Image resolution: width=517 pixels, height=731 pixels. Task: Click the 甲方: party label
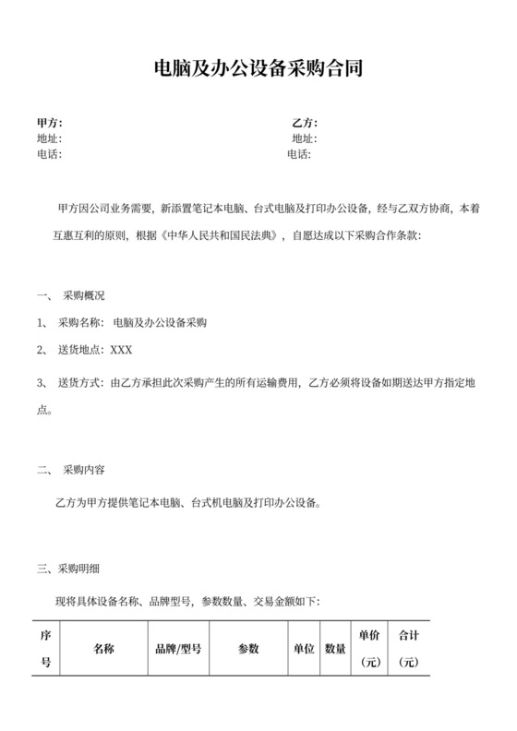coord(49,123)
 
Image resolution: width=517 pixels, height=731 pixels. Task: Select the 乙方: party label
coord(305,123)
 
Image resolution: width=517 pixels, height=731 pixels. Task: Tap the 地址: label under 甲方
coord(49,138)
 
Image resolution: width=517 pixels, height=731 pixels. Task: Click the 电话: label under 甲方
coord(49,154)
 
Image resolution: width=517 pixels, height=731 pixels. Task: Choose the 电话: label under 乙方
coord(300,154)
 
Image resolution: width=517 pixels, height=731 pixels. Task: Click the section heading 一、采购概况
coord(71,296)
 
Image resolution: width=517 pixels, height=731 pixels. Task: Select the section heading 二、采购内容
coord(71,469)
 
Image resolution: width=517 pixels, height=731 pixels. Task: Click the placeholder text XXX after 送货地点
coord(122,350)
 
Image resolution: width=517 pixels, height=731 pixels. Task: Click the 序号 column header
coord(46,649)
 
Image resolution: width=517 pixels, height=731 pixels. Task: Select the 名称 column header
coord(103,649)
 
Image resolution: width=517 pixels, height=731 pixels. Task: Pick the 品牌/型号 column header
coord(178,649)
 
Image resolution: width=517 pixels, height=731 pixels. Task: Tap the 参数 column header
coord(249,649)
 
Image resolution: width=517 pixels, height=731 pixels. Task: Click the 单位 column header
coord(304,649)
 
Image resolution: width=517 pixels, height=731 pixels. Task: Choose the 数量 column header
coord(335,649)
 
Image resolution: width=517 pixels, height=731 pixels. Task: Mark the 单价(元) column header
coord(370,649)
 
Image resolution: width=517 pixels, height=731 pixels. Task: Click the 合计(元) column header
coord(409,649)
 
